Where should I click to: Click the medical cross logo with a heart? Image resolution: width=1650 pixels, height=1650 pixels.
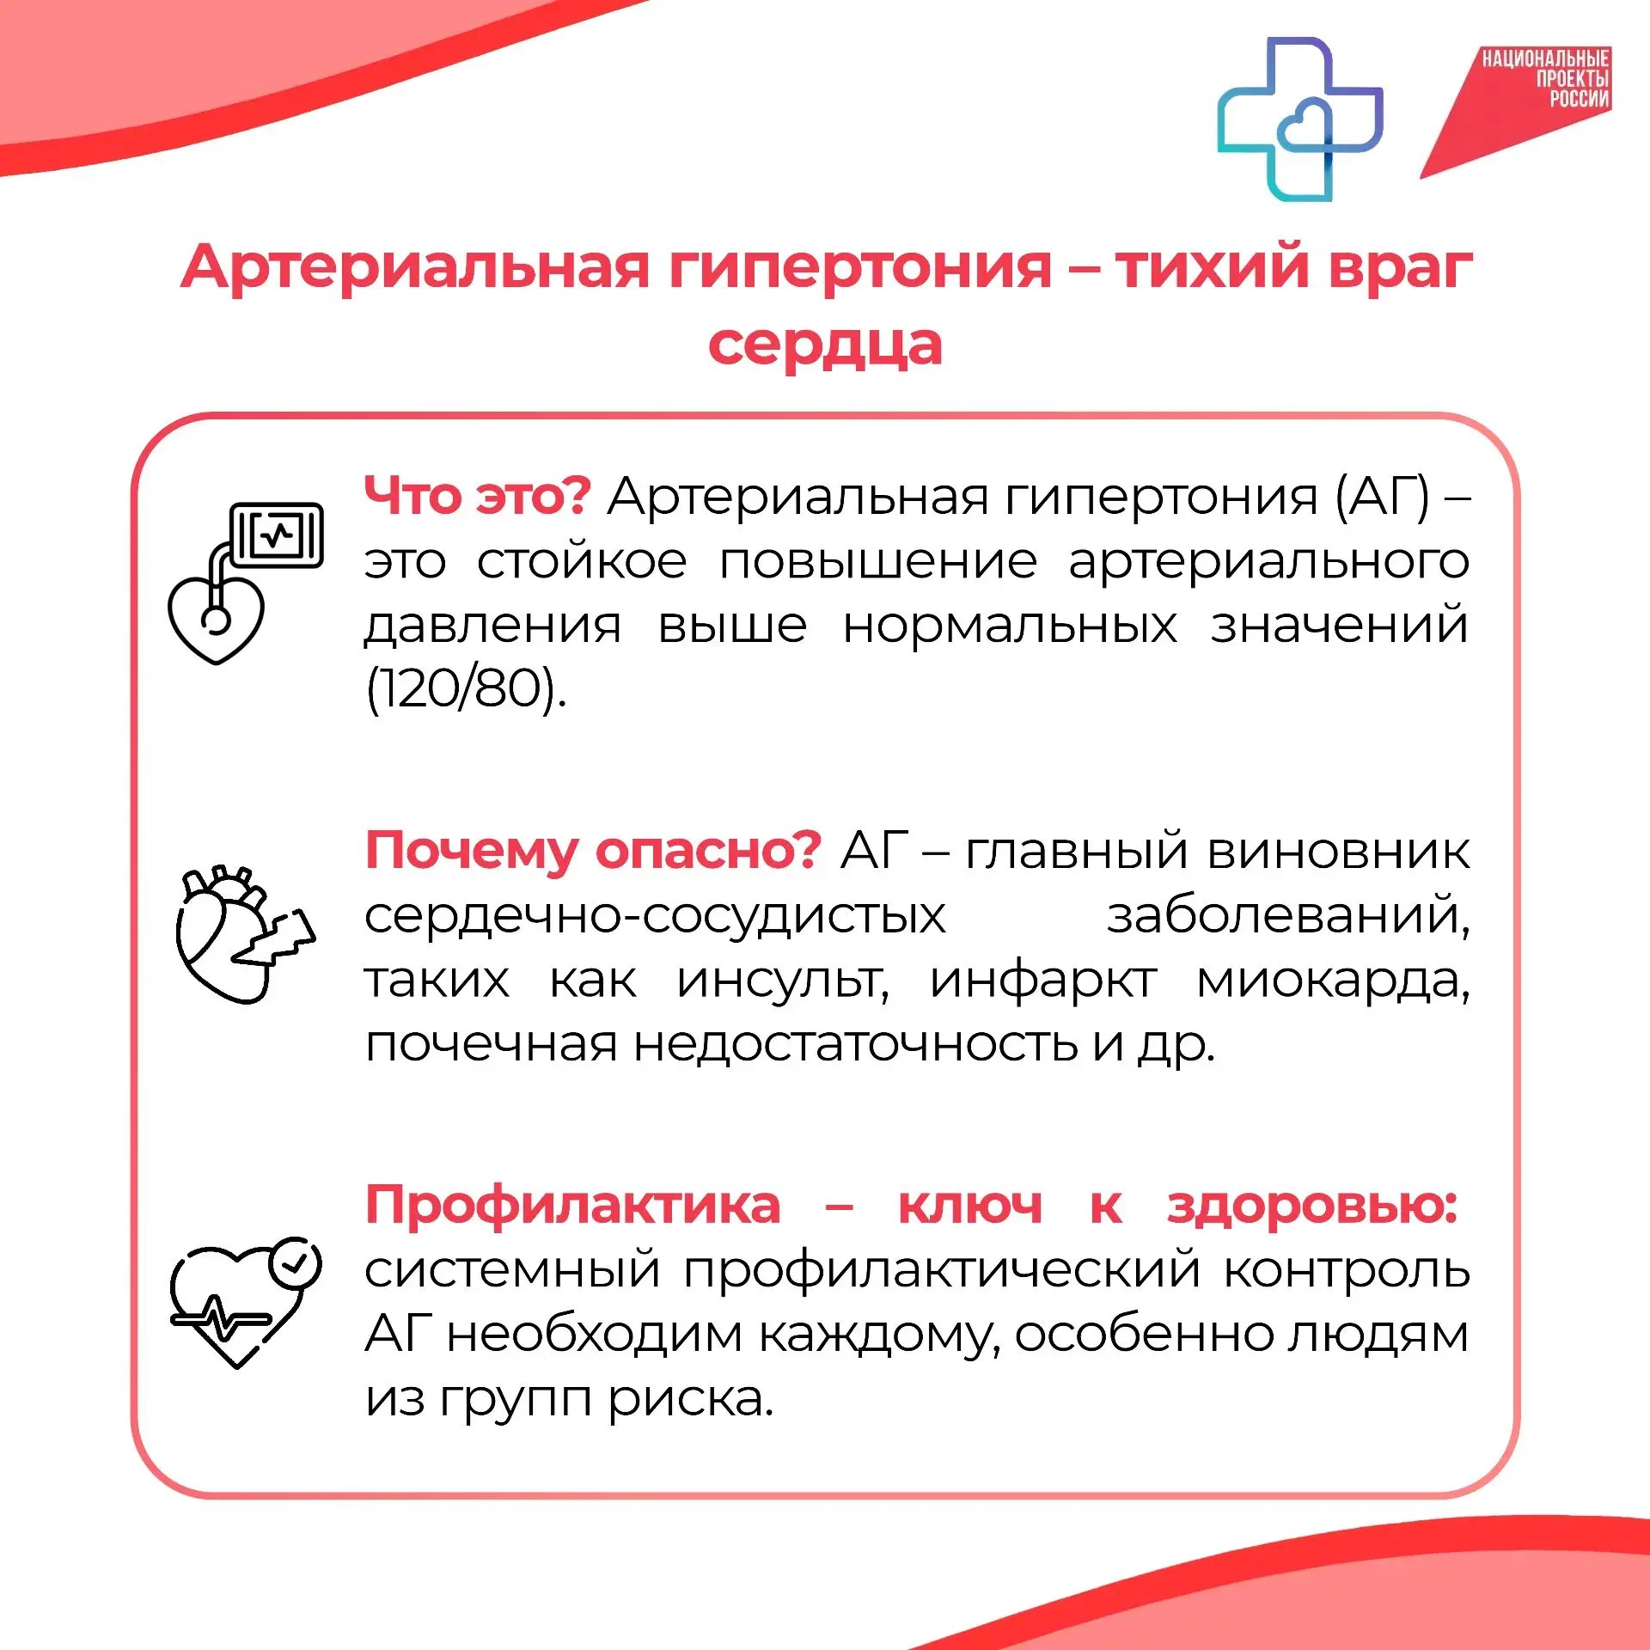point(1299,119)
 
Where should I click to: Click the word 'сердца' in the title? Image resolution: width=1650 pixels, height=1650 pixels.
point(825,345)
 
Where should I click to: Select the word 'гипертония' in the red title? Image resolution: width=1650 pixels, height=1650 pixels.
point(860,268)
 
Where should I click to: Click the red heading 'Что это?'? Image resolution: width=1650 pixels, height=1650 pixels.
point(478,496)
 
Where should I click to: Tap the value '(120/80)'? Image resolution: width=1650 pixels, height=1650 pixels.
point(466,689)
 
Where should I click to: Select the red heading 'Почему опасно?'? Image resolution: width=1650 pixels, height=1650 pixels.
point(594,852)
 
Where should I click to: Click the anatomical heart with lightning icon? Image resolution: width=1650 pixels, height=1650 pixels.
point(245,935)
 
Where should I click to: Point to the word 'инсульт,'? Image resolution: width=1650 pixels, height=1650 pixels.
point(783,981)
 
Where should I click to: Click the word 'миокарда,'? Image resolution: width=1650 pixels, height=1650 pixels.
point(1333,981)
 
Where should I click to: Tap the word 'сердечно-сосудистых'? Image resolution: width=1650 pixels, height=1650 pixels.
point(655,916)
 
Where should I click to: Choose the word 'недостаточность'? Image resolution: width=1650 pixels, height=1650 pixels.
point(856,1044)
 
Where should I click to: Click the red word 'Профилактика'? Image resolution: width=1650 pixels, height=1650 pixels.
point(573,1205)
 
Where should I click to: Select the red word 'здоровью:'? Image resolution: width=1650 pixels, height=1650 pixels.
point(1312,1205)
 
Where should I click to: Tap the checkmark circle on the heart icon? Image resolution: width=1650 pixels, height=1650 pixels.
point(295,1262)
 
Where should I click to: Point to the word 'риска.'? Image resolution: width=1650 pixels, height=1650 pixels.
point(691,1398)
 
